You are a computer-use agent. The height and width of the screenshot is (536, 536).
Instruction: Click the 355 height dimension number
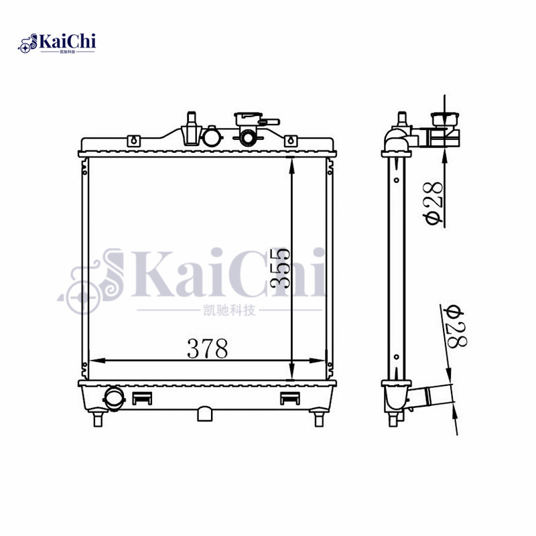[280, 267]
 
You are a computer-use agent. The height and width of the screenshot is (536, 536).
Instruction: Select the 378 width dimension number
[208, 349]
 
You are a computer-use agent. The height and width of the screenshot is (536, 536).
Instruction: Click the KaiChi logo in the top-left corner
[58, 44]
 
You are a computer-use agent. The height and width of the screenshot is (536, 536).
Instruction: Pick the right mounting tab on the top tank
[291, 141]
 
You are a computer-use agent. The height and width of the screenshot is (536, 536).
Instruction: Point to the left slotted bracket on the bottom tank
[142, 398]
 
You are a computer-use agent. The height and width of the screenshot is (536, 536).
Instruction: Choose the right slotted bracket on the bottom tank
[289, 398]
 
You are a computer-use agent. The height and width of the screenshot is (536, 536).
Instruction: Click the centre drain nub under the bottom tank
[206, 413]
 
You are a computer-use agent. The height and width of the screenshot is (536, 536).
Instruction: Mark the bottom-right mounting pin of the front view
[320, 419]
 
